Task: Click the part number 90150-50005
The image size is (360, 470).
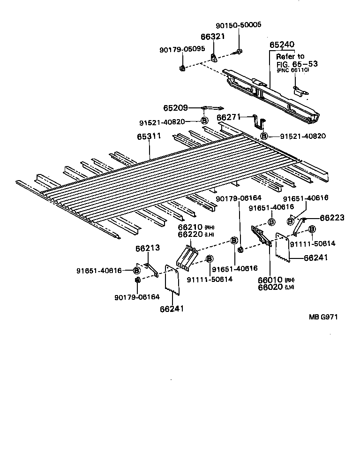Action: click(x=239, y=25)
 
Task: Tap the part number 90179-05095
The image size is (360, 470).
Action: click(x=183, y=48)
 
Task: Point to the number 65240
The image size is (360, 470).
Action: click(x=282, y=45)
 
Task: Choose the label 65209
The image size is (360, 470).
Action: click(x=177, y=107)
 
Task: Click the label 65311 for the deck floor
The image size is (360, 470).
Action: click(x=149, y=136)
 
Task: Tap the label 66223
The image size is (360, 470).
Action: click(x=332, y=218)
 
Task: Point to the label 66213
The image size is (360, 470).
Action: click(x=148, y=248)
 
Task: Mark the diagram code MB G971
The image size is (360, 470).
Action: click(x=322, y=317)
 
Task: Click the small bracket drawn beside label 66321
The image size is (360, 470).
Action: click(x=214, y=58)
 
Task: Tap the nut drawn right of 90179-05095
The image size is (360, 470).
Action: click(x=182, y=69)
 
